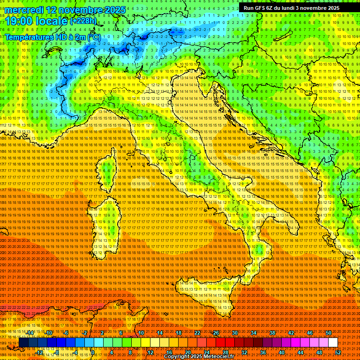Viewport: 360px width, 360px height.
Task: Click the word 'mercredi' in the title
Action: [x=26, y=10]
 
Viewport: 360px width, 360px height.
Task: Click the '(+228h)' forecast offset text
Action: [x=83, y=21]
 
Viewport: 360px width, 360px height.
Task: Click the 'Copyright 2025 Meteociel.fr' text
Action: [x=199, y=357]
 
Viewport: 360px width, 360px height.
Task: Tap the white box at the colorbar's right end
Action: [x=333, y=343]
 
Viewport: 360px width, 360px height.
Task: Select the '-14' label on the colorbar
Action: [x=30, y=333]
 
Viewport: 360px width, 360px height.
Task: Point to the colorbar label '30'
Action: [x=234, y=333]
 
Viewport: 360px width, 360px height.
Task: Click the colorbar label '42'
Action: [x=291, y=333]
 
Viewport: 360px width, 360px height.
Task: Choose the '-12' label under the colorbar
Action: [x=40, y=352]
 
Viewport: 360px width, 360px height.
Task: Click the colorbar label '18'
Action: [x=178, y=333]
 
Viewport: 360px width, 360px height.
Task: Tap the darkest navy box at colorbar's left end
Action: [x=23, y=343]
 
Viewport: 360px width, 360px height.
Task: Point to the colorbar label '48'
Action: [x=319, y=352]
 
